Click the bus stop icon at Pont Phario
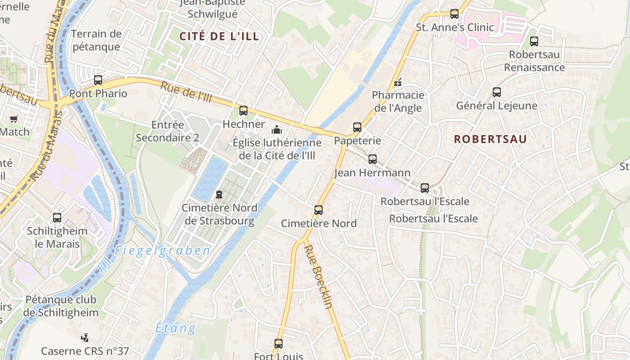[98, 80]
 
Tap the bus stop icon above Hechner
[243, 110]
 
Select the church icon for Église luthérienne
[276, 130]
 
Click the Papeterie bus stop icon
[357, 127]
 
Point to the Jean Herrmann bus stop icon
[373, 159]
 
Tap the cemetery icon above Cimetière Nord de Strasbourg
[219, 194]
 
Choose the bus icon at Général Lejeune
[497, 92]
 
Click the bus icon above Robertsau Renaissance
[534, 41]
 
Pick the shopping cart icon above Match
[13, 119]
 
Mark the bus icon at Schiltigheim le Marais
[57, 218]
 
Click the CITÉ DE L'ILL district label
[220, 36]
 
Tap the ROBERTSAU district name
[490, 139]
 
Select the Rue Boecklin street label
[319, 276]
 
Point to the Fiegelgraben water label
[162, 251]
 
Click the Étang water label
[176, 328]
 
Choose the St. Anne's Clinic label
[454, 27]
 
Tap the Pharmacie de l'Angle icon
[398, 82]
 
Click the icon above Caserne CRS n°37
[85, 337]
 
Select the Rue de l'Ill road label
[186, 93]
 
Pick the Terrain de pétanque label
[96, 40]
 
